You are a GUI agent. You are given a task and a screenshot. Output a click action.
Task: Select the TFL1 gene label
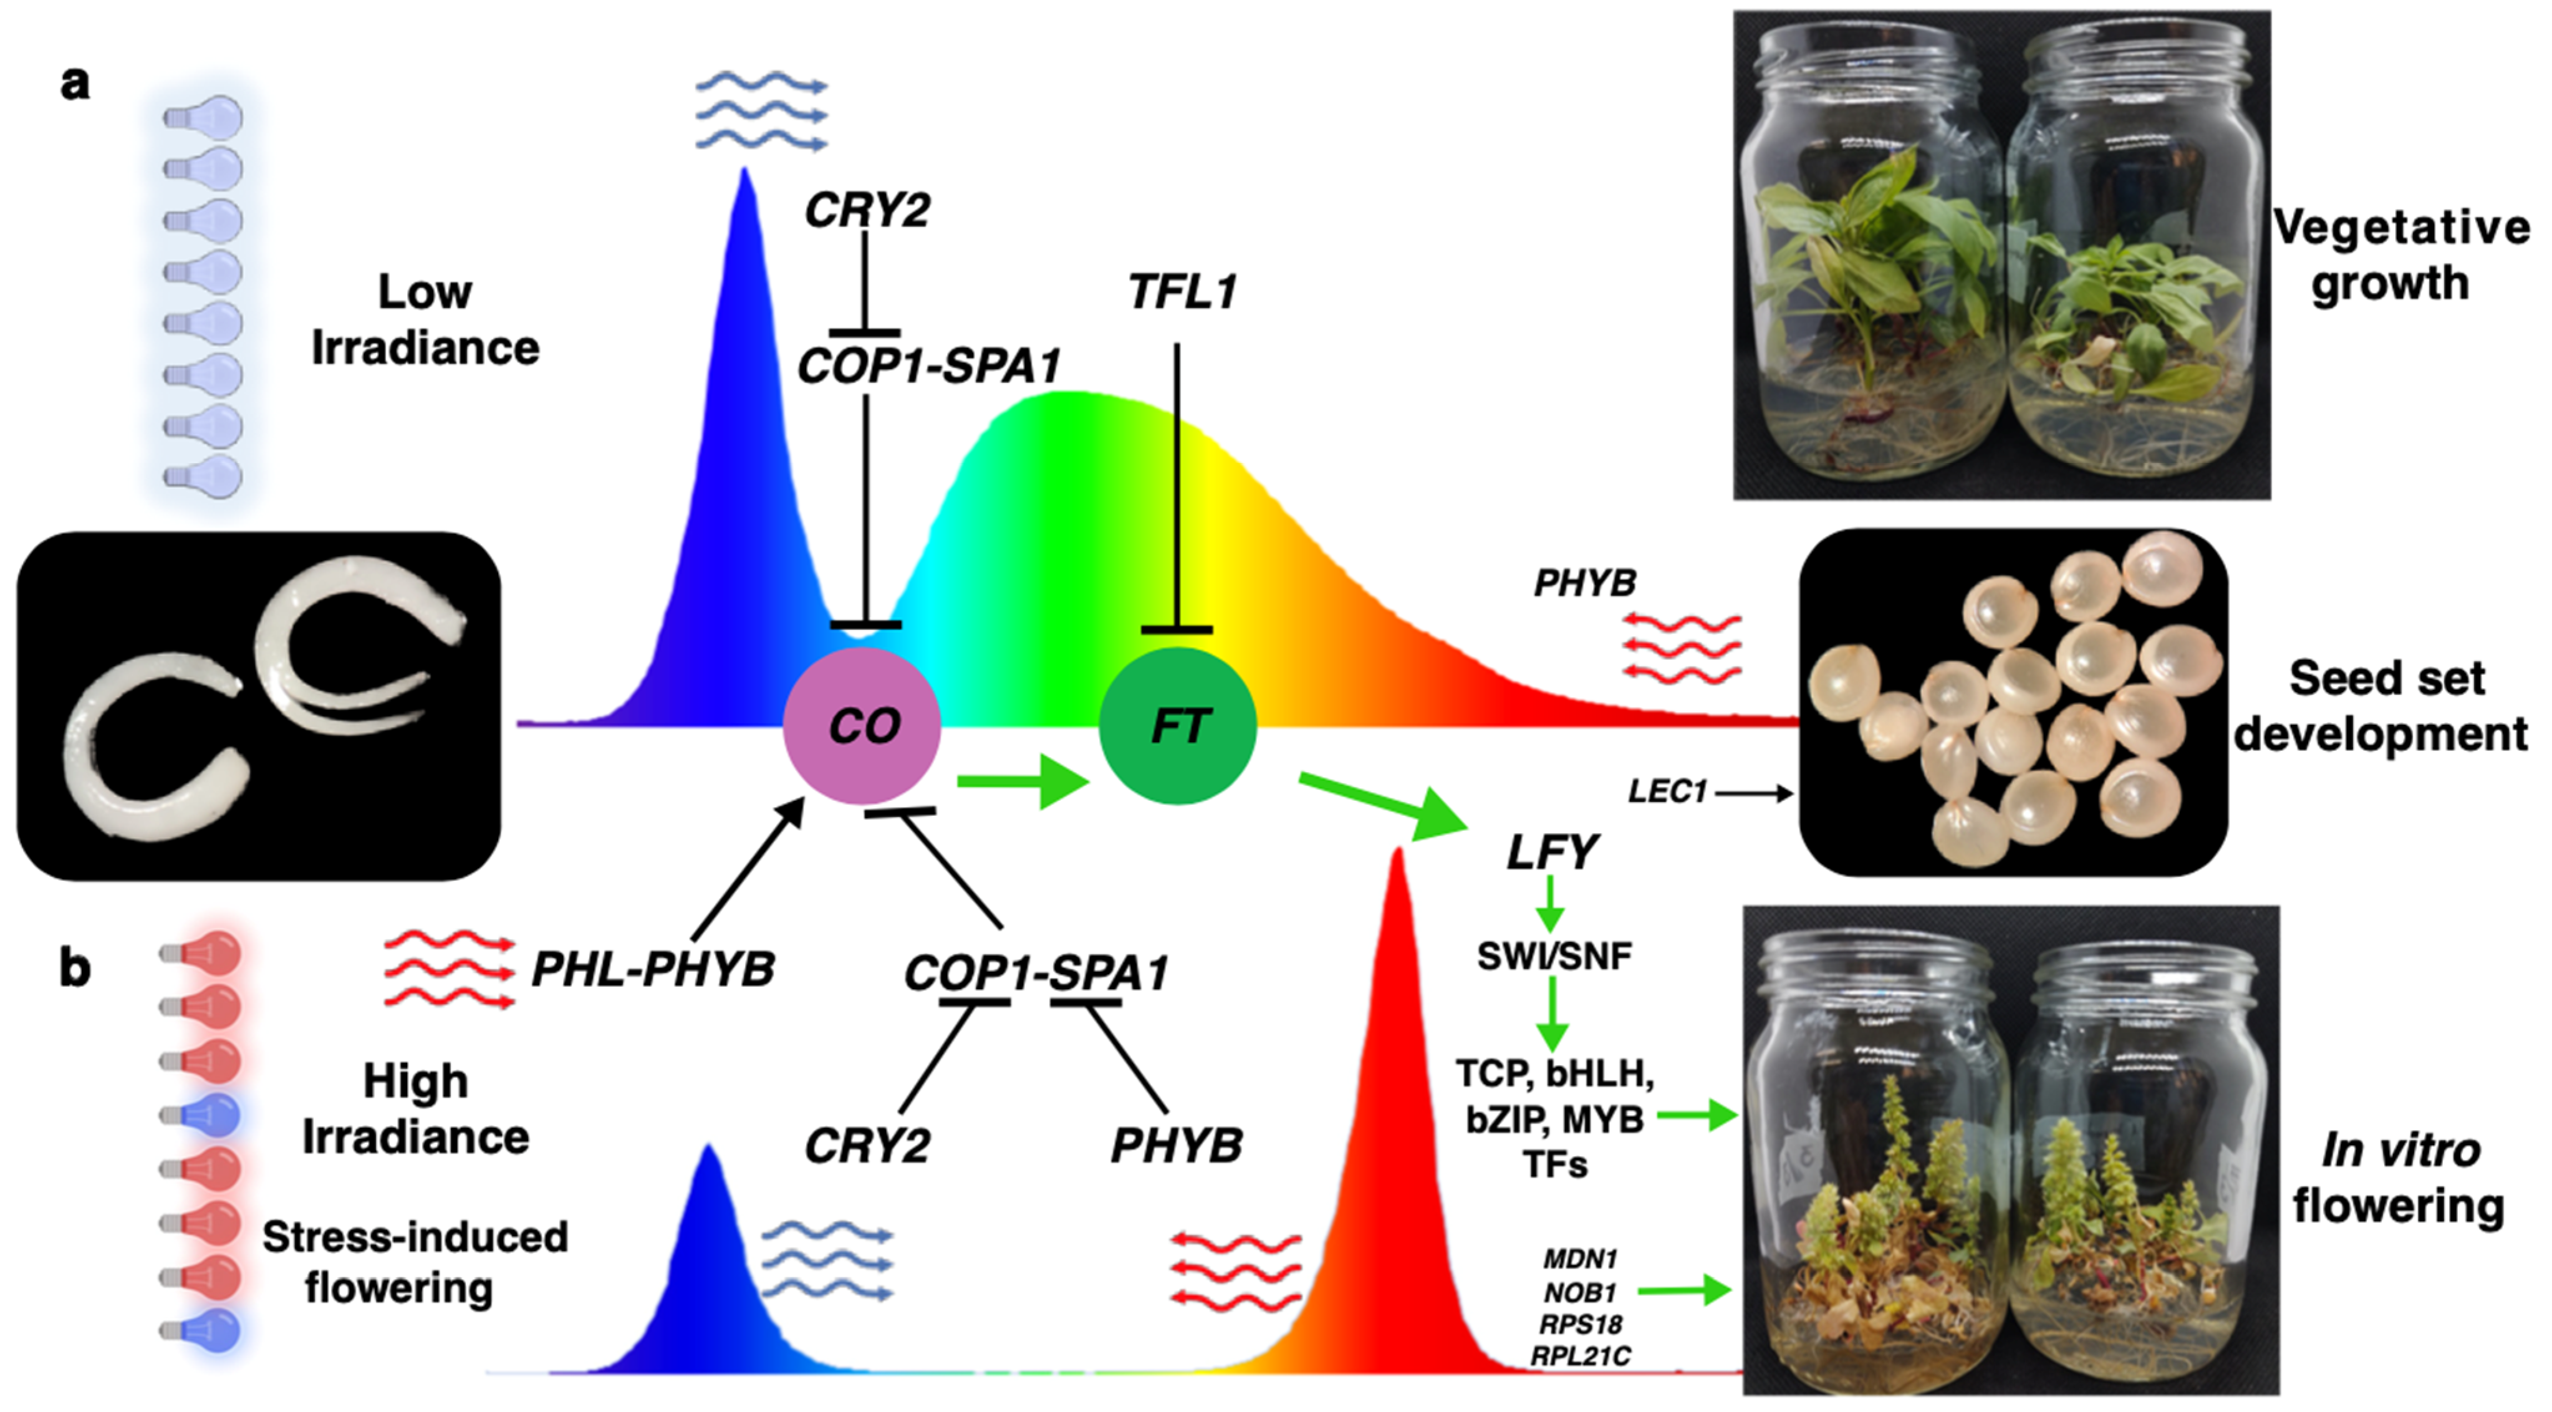point(1182,293)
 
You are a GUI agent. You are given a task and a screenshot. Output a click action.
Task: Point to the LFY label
point(1551,852)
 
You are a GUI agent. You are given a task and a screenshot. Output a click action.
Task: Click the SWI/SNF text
point(1553,956)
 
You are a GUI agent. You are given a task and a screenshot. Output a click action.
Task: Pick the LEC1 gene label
point(1667,791)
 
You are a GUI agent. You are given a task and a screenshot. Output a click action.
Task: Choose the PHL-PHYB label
point(653,969)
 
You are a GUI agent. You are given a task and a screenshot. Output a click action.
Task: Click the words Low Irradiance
point(425,319)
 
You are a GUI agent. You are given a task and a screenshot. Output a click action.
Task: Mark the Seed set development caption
point(2382,705)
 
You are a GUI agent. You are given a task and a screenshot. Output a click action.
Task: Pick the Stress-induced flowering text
point(414,1262)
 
